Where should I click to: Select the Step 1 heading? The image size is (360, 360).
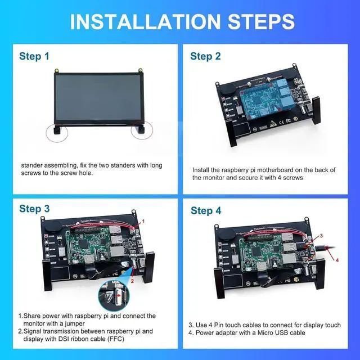coord(38,56)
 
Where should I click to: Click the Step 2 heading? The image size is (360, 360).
coord(209,56)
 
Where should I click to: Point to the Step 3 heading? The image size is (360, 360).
coord(38,209)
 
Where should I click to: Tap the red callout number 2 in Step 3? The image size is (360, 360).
coord(132,280)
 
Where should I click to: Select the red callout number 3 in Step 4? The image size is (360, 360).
coord(321,236)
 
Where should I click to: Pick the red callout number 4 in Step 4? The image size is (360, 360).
coord(337,260)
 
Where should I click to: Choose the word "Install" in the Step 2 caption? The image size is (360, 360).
coord(203,169)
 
